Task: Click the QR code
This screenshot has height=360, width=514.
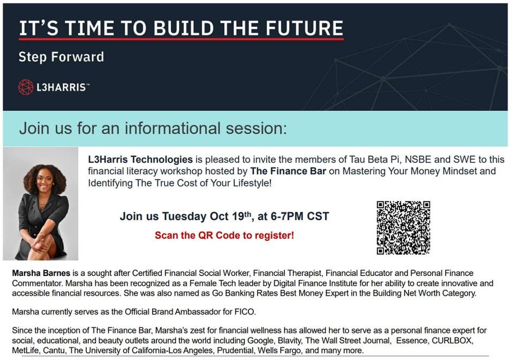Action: click(x=403, y=228)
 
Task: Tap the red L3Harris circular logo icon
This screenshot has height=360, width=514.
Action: click(x=26, y=87)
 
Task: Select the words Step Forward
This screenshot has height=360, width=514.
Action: click(x=61, y=57)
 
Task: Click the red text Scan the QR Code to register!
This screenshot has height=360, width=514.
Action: click(x=224, y=235)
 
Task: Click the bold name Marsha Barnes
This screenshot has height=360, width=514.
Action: click(x=37, y=273)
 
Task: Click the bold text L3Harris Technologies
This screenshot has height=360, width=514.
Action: click(x=140, y=159)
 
